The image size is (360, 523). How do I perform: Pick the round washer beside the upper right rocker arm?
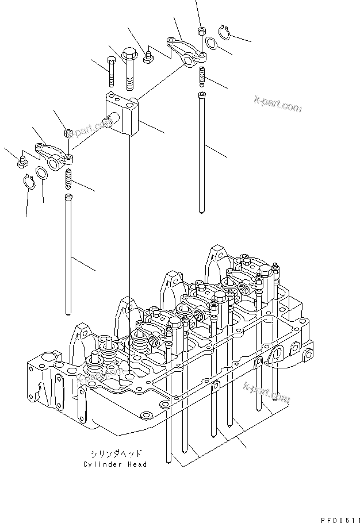(x=211, y=43)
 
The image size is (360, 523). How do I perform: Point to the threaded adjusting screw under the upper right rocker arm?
(x=202, y=75)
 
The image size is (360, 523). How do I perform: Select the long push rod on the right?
(x=201, y=152)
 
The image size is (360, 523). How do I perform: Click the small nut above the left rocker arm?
(x=67, y=133)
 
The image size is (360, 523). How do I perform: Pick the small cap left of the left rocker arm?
(x=24, y=161)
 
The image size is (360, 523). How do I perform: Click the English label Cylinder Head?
(x=115, y=464)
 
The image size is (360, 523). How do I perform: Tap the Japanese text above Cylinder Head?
(x=117, y=453)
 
